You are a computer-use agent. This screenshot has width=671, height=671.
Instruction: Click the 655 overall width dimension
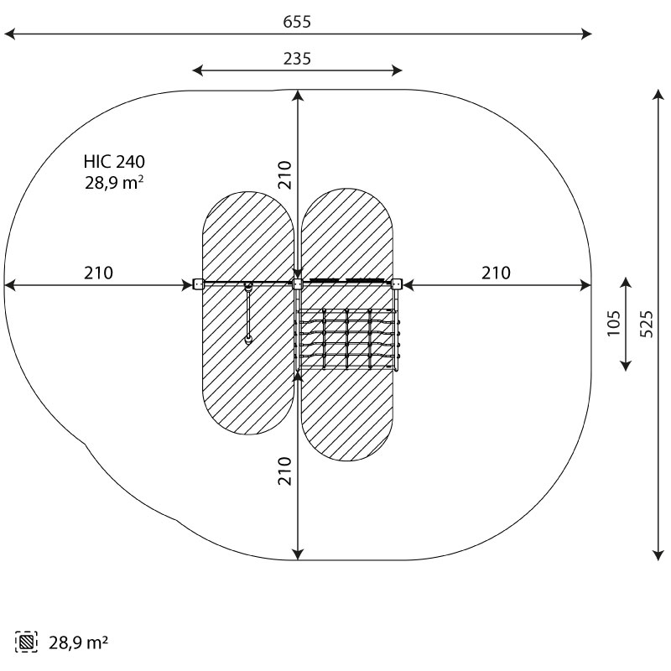click(x=297, y=22)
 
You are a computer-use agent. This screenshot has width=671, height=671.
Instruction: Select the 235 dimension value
click(x=297, y=59)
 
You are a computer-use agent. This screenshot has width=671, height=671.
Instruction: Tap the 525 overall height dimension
click(x=647, y=324)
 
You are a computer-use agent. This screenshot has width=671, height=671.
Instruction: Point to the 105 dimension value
click(x=614, y=323)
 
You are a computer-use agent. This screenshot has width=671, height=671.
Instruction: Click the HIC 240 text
click(x=114, y=162)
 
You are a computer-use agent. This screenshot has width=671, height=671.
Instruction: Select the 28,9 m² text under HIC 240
click(x=114, y=183)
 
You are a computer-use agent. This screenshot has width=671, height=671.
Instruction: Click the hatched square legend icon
click(x=26, y=642)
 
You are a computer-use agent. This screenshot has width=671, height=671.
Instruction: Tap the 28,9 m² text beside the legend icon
click(x=78, y=642)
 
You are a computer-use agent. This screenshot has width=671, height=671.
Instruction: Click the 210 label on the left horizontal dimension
click(x=98, y=273)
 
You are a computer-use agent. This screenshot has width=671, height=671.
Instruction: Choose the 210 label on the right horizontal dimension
click(x=496, y=273)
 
